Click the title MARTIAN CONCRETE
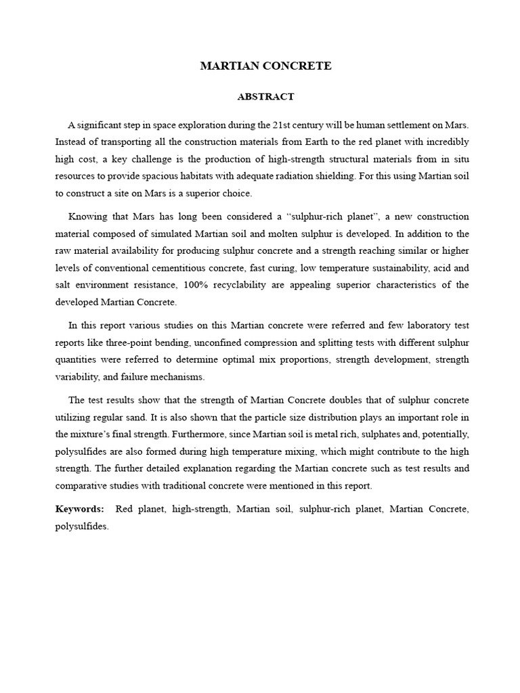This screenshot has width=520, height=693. click(x=265, y=66)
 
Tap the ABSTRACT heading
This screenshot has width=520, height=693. click(x=265, y=97)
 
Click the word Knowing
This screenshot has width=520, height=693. click(x=86, y=217)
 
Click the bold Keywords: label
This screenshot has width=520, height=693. click(x=80, y=509)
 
